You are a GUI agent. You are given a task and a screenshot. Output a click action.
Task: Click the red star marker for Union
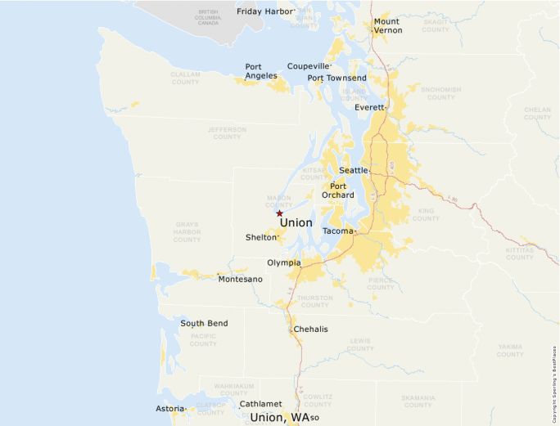pos(279,213)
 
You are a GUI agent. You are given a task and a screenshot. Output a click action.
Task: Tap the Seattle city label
pos(354,170)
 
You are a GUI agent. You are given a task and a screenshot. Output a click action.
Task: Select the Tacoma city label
pos(338,231)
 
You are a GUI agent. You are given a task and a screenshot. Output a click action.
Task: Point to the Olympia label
pos(283,262)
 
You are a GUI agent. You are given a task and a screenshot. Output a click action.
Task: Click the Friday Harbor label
pos(264,11)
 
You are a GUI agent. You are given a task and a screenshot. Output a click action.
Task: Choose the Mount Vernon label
pos(387,25)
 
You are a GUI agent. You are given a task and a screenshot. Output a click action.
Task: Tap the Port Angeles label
pos(261,71)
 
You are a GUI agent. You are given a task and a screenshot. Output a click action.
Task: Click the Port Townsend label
pos(336,78)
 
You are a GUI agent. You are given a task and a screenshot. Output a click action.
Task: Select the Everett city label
pos(369,107)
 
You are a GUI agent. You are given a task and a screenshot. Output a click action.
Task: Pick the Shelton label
pos(261,237)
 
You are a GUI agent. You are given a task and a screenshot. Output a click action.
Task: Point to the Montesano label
pos(240,280)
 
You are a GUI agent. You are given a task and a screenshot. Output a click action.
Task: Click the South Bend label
pos(204,323)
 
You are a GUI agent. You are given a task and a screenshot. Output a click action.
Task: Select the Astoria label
pos(169,408)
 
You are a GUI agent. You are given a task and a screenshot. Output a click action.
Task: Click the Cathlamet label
pos(260,404)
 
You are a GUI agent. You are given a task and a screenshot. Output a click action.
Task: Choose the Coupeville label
pos(308,65)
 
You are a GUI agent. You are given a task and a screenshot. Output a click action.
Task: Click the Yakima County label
pos(510,350)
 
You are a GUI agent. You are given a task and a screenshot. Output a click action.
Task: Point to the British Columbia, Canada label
pos(209,16)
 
